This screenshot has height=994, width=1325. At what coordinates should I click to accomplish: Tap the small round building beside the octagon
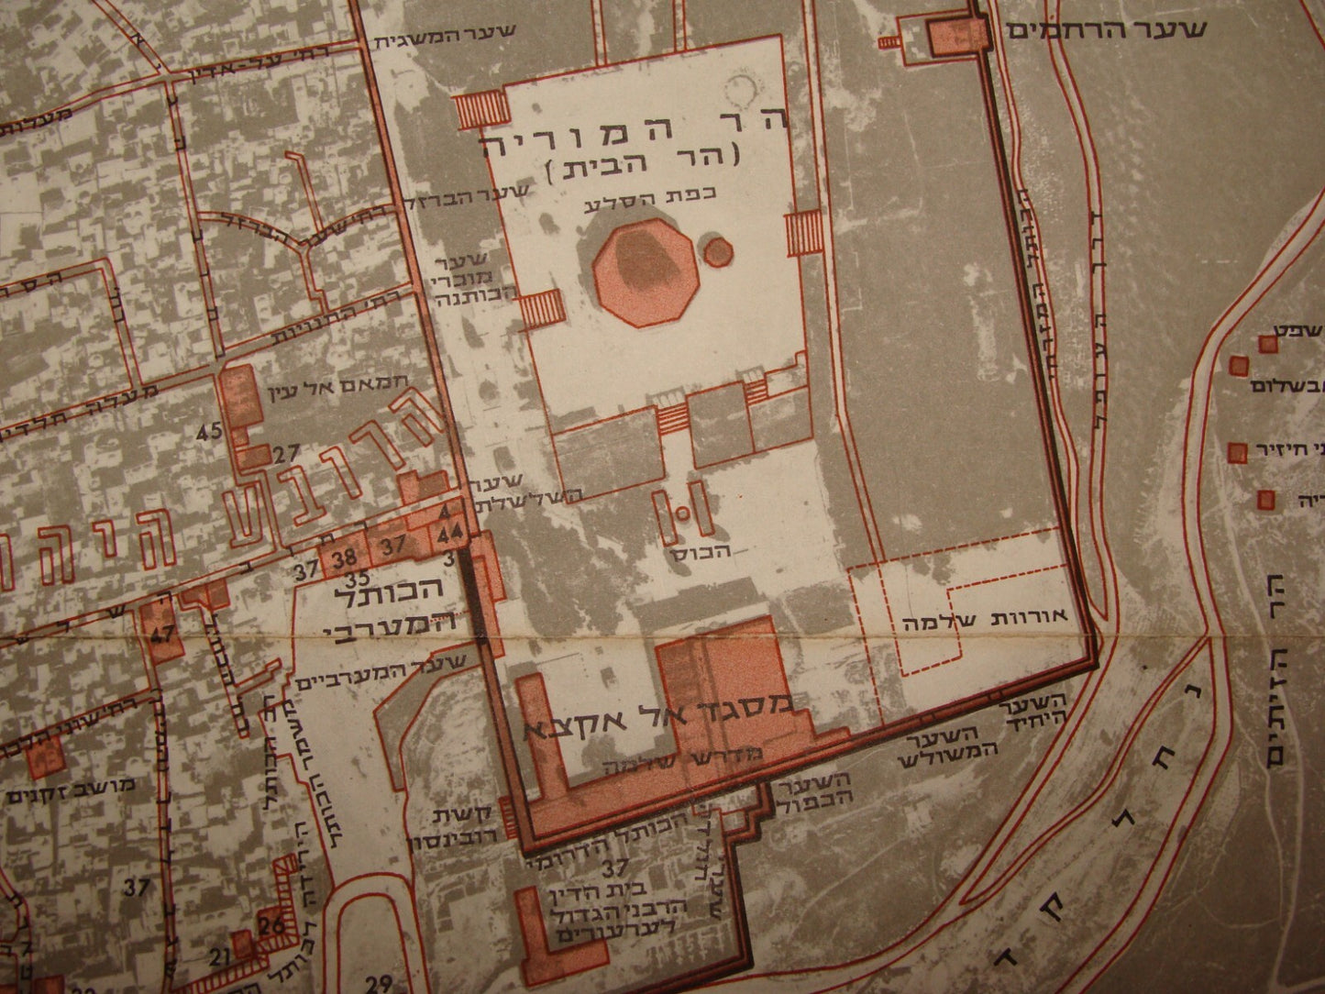[717, 248]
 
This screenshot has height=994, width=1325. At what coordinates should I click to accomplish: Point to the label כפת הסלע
[624, 205]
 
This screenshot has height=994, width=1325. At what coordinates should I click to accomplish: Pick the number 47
[165, 631]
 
